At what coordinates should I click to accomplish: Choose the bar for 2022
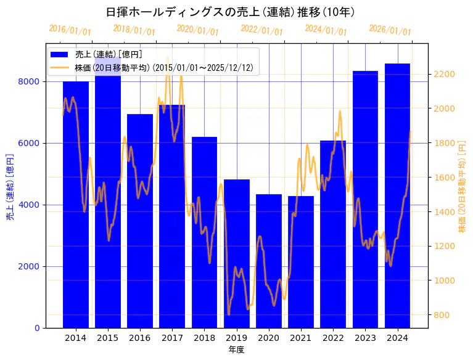333,234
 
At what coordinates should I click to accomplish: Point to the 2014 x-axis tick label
76,338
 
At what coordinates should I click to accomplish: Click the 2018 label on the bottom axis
204,338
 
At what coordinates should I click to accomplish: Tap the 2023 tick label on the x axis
365,338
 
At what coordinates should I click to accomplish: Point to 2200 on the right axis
445,74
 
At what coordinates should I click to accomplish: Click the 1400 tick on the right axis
445,212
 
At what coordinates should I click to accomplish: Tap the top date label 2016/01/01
70,31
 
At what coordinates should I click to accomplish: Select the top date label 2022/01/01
262,31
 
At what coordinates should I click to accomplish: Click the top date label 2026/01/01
390,31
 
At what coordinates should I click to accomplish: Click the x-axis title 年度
236,350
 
